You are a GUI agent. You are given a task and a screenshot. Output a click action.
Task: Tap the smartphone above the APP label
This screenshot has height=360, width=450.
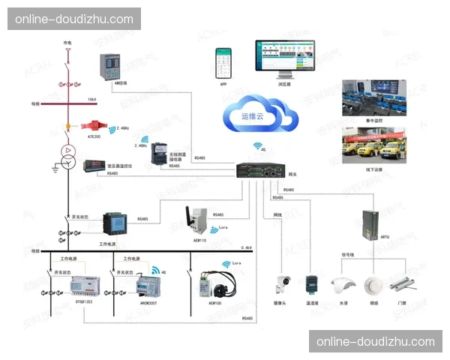click(223, 63)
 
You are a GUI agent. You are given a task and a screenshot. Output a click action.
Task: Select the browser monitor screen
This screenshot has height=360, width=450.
click(286, 56)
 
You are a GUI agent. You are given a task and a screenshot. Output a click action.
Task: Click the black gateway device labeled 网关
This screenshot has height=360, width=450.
click(262, 172)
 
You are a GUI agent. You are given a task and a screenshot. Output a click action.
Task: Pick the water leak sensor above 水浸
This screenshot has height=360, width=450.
click(343, 285)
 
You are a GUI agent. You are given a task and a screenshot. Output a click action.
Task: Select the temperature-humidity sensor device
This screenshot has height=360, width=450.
click(312, 284)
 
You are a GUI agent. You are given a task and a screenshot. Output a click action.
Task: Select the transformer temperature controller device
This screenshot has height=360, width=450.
click(97, 164)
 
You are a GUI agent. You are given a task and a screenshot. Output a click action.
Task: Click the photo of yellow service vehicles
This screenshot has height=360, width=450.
click(374, 145)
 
